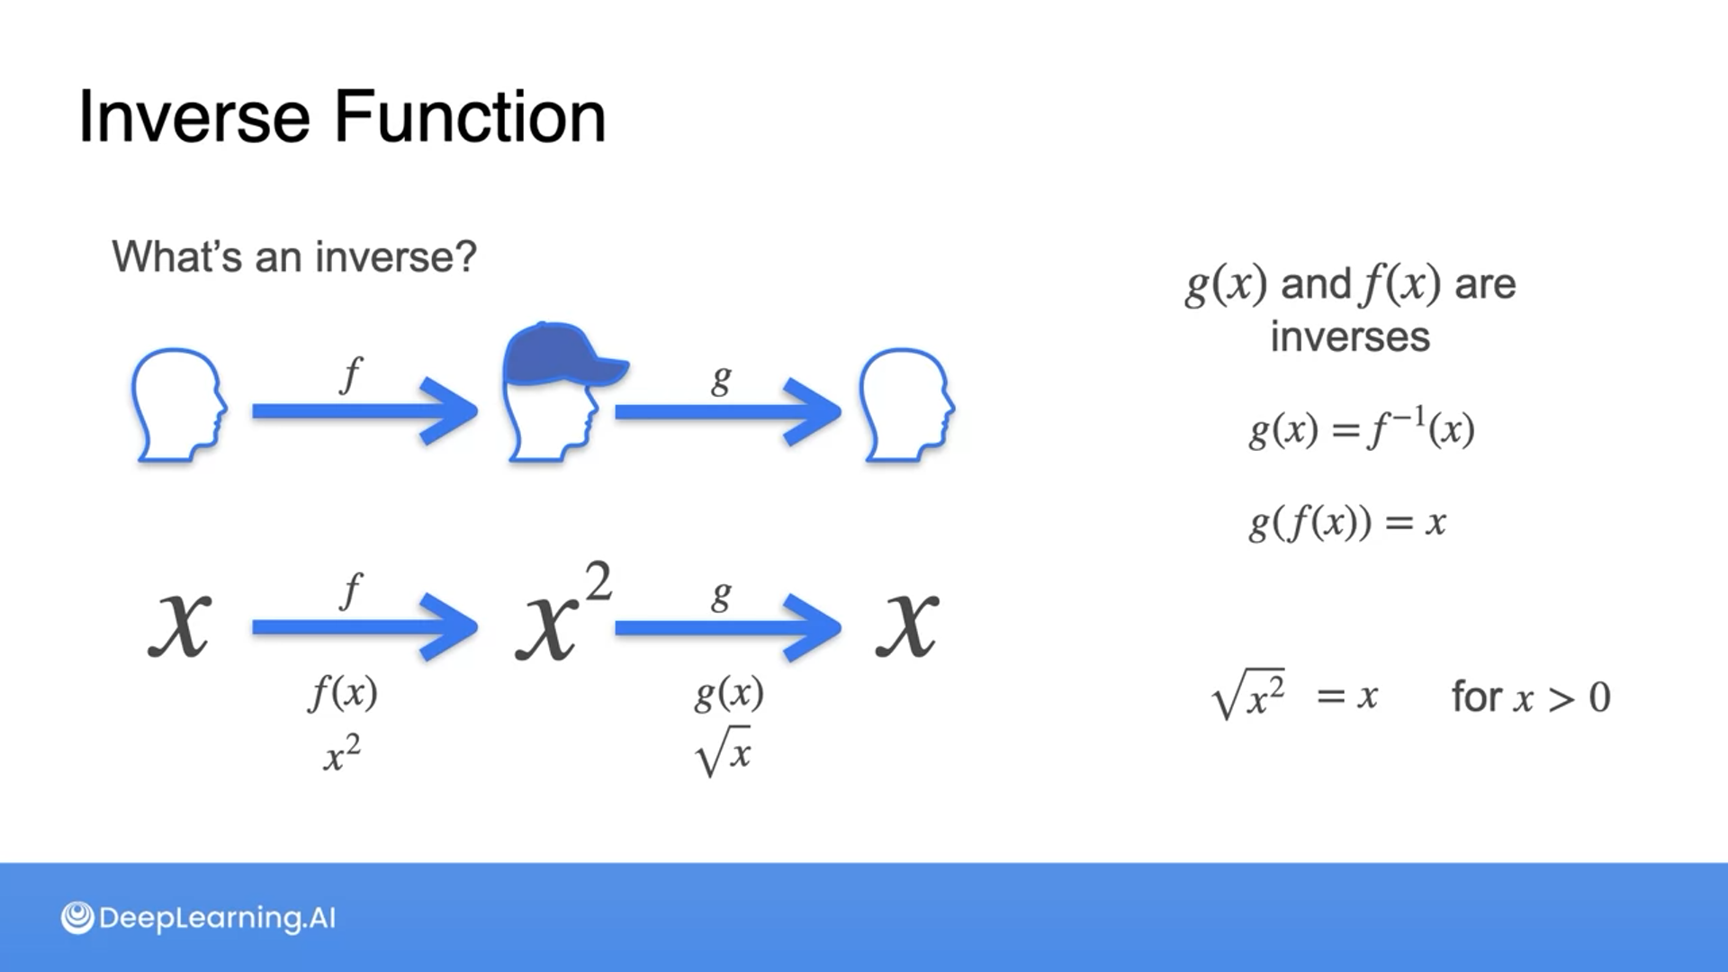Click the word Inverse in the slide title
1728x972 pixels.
pyautogui.click(x=193, y=117)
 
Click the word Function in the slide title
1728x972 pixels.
pyautogui.click(x=470, y=117)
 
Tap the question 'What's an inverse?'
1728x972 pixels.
pyautogui.click(x=294, y=257)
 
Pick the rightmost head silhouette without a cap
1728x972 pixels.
pyautogui.click(x=905, y=405)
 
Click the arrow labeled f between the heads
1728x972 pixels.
pyautogui.click(x=364, y=411)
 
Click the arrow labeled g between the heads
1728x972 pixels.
pyautogui.click(x=727, y=411)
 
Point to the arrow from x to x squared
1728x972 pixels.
pyautogui.click(x=364, y=627)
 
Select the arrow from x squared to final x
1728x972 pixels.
pyautogui.click(x=727, y=627)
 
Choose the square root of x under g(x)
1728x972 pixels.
pyautogui.click(x=724, y=752)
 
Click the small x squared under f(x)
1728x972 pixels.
pyautogui.click(x=342, y=753)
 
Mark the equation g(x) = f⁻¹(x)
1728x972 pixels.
pyautogui.click(x=1361, y=428)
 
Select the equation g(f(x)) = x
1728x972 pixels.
pyautogui.click(x=1347, y=522)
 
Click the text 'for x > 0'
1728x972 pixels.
pyautogui.click(x=1530, y=697)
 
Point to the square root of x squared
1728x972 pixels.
pyautogui.click(x=1250, y=695)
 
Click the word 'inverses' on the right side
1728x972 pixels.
pyautogui.click(x=1350, y=337)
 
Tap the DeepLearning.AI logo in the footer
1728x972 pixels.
pyautogui.click(x=198, y=918)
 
